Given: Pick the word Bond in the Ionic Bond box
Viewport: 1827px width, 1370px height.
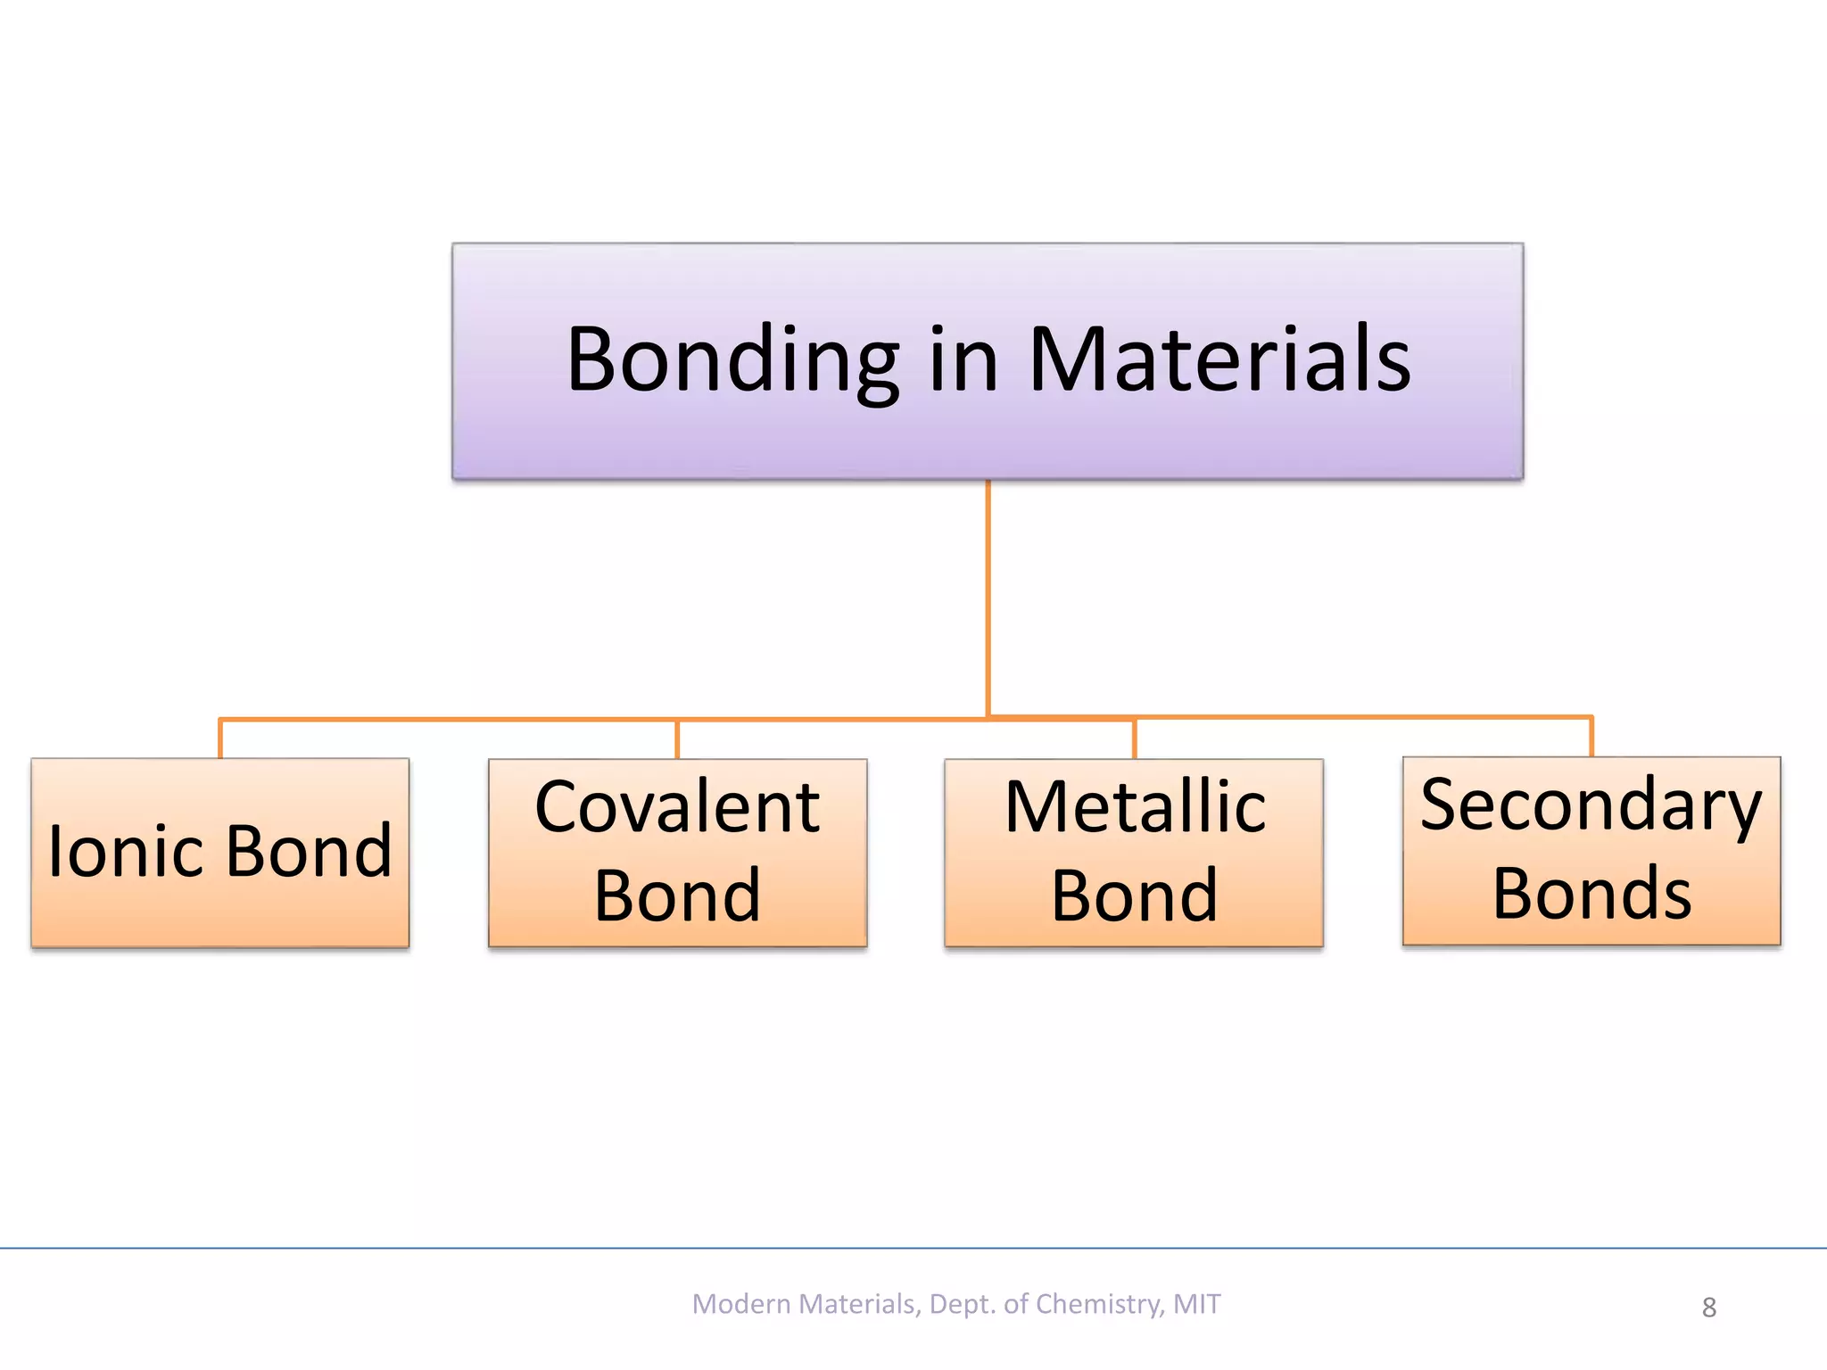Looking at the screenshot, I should pos(309,852).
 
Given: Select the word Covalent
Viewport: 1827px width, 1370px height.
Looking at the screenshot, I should pos(677,807).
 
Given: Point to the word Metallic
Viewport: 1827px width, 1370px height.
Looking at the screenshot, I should pos(1135,807).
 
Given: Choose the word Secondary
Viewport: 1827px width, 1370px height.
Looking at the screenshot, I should pos(1591,805).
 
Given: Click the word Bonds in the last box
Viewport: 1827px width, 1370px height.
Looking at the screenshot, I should pos(1591,894).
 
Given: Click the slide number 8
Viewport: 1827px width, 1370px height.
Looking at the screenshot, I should pos(1708,1308).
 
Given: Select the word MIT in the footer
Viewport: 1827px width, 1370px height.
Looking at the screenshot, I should pos(1196,1304).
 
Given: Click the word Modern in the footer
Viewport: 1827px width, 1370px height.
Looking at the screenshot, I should pos(741,1304).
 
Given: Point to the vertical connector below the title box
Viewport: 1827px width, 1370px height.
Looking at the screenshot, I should pos(988,598).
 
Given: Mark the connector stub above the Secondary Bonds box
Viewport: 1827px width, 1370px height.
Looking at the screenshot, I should pos(1591,737).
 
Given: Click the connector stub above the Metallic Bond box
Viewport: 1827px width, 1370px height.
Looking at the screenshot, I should pos(1134,739).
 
